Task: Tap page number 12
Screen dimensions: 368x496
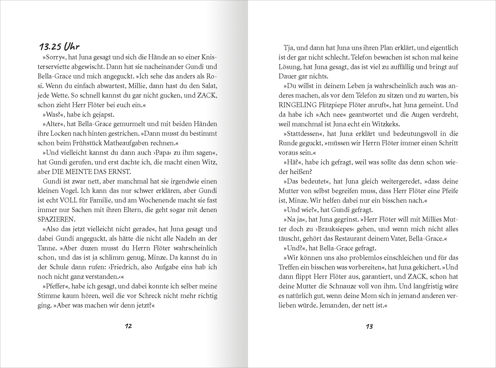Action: click(x=128, y=326)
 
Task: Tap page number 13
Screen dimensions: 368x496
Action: click(x=369, y=326)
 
